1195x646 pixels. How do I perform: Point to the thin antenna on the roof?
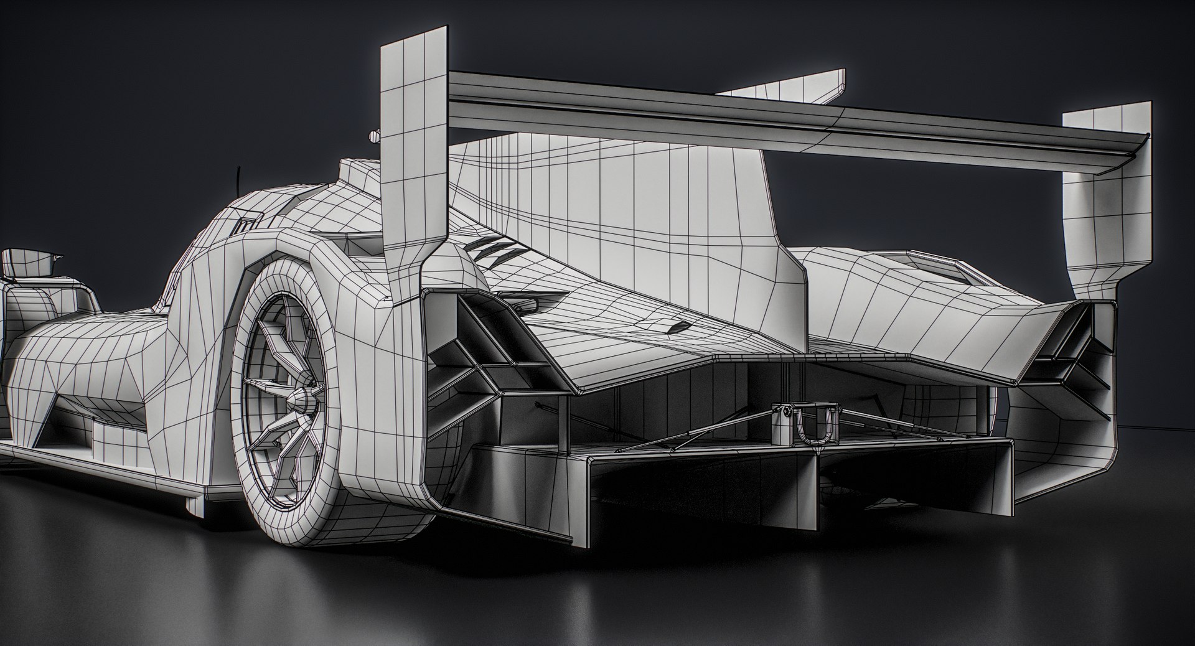238,179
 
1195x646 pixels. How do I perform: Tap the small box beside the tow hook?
782,423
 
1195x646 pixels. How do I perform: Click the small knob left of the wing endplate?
373,135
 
